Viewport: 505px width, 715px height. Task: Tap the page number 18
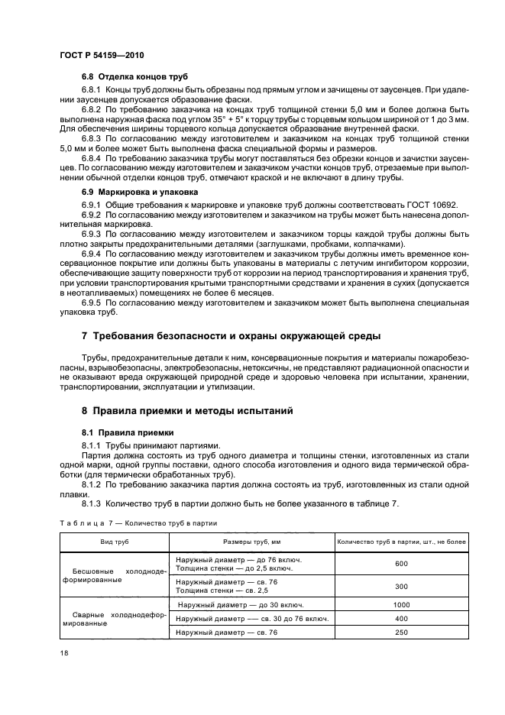[x=63, y=654]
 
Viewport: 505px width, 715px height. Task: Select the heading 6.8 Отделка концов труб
[x=134, y=78]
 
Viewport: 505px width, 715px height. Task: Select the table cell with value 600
[x=401, y=564]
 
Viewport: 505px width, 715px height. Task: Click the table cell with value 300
[x=401, y=587]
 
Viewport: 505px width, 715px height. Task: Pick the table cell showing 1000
[x=401, y=605]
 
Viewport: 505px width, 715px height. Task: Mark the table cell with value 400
[x=401, y=618]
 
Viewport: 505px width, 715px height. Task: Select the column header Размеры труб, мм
[x=251, y=542]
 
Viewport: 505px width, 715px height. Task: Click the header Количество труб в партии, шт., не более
[x=401, y=542]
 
